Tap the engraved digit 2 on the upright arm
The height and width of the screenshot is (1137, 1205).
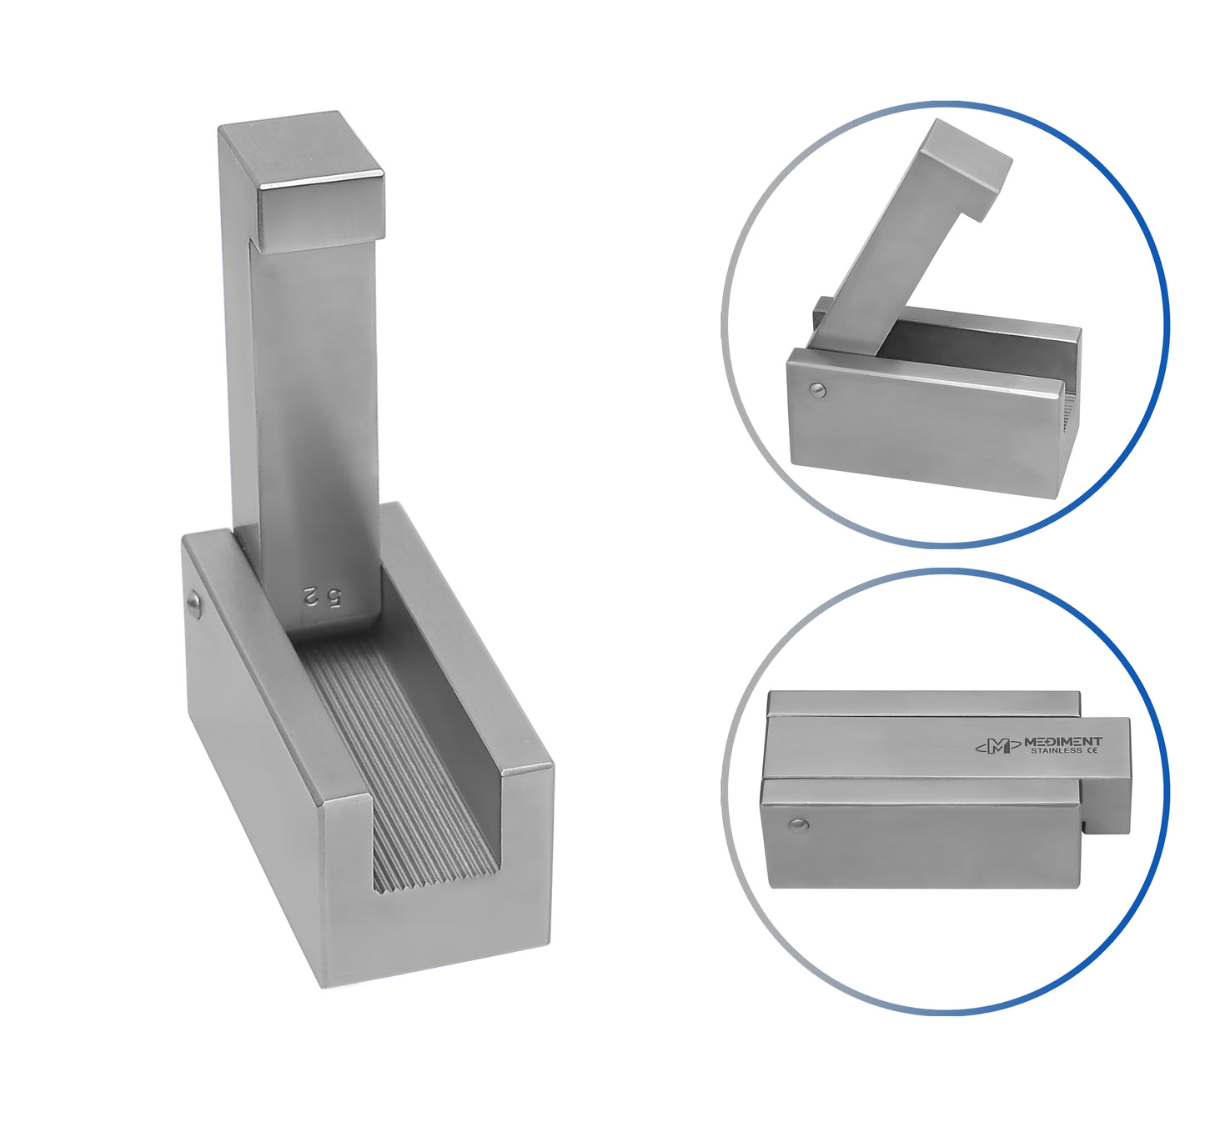pyautogui.click(x=311, y=597)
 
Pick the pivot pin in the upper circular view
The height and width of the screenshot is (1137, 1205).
pyautogui.click(x=818, y=391)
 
